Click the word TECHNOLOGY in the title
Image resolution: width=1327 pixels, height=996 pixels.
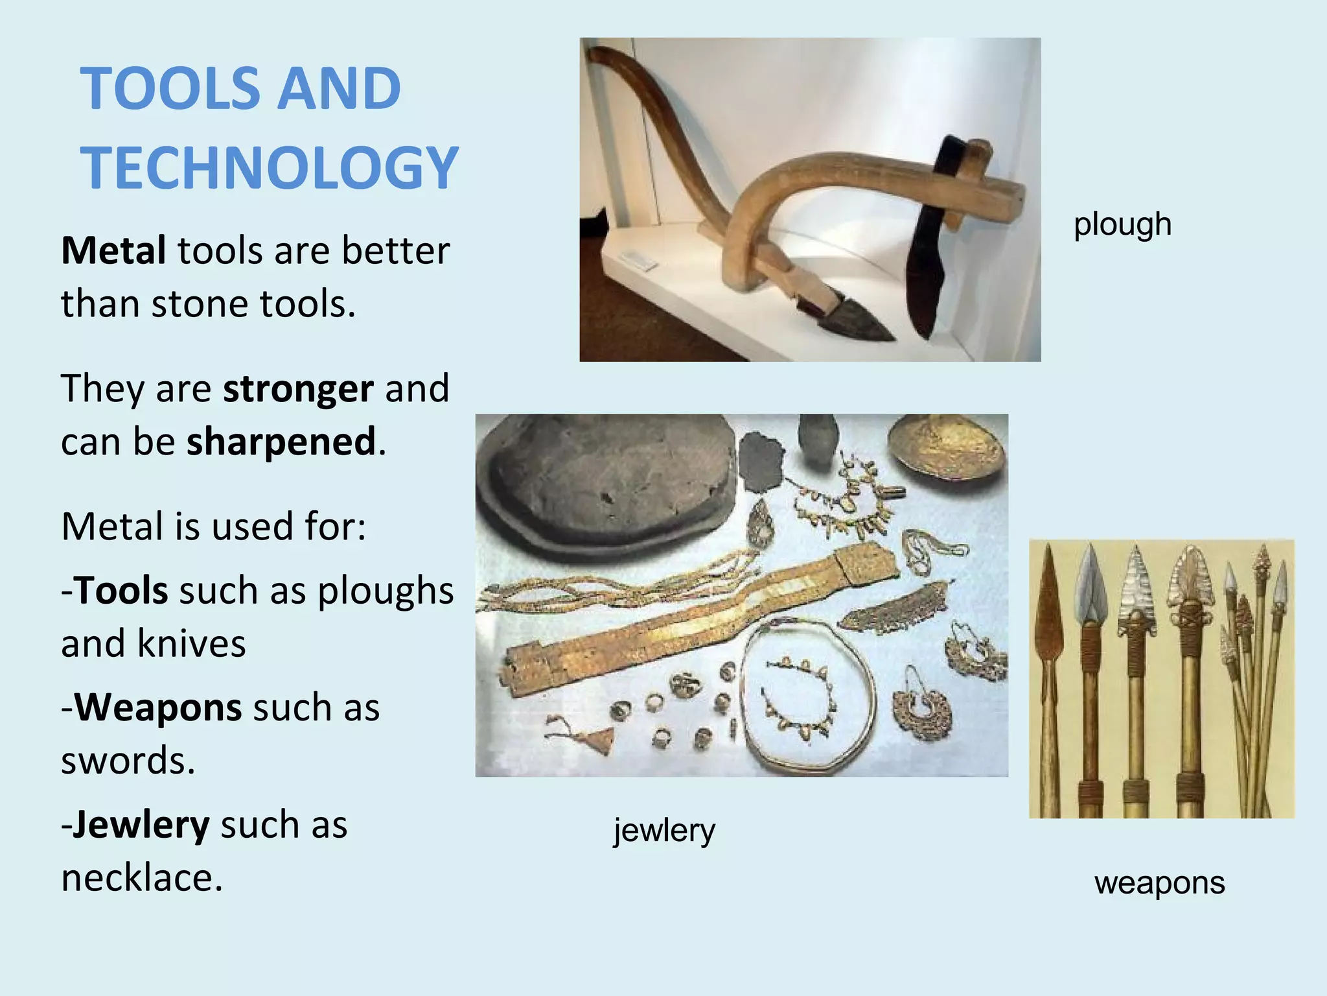[x=269, y=167]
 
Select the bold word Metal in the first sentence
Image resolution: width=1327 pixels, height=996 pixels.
[x=113, y=250]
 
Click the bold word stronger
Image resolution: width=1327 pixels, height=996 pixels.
[x=298, y=388]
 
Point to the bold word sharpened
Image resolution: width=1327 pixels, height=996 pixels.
[x=281, y=442]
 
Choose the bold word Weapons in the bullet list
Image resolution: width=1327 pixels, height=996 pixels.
[x=159, y=707]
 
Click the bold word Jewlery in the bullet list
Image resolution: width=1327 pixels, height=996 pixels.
[x=141, y=825]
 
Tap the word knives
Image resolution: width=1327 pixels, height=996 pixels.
[x=191, y=643]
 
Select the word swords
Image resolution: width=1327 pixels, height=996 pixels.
[x=128, y=760]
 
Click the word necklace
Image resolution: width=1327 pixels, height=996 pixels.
[x=142, y=878]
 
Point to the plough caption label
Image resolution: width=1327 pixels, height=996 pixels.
[x=1122, y=224]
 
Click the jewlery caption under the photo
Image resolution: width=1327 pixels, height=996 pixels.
[x=664, y=830]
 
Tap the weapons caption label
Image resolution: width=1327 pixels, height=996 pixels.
[x=1159, y=883]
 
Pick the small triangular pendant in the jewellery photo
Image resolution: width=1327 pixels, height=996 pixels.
[x=600, y=739]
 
